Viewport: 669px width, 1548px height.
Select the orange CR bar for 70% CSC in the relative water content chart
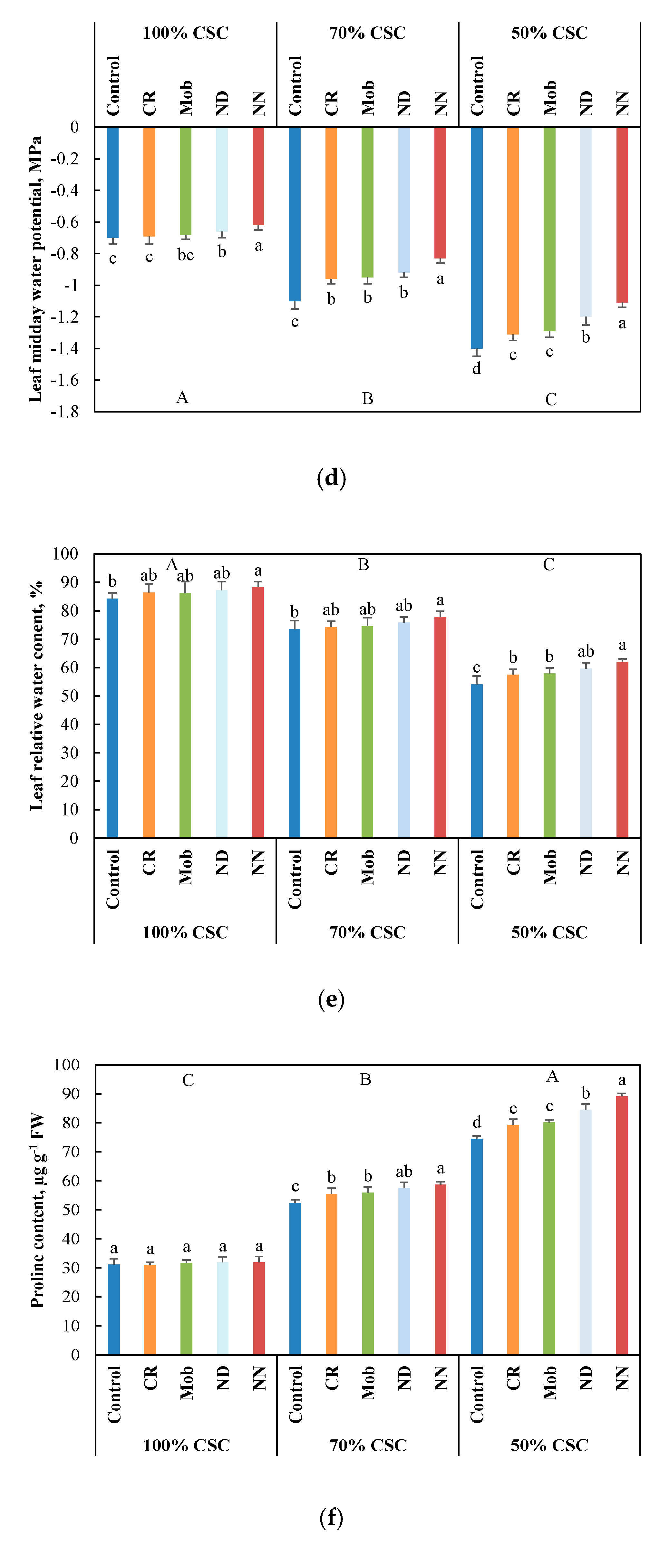pyautogui.click(x=331, y=732)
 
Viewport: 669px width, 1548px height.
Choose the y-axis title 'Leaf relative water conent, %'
pyautogui.click(x=36, y=696)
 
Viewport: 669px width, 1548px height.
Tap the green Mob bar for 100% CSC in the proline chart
pyautogui.click(x=186, y=1309)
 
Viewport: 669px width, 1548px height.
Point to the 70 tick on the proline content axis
pyautogui.click(x=70, y=1152)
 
